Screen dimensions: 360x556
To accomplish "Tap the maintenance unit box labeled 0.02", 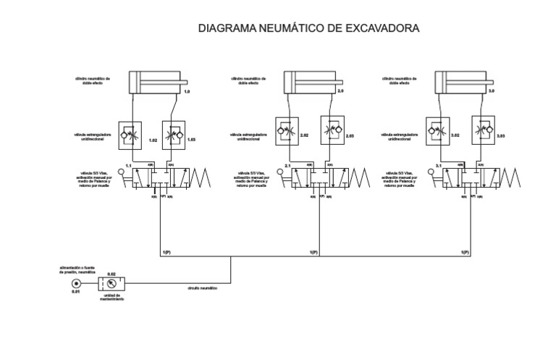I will [112, 283].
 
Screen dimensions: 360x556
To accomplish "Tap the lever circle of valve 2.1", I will [275, 172].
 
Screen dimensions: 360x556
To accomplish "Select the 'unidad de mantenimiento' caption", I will [112, 298].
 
